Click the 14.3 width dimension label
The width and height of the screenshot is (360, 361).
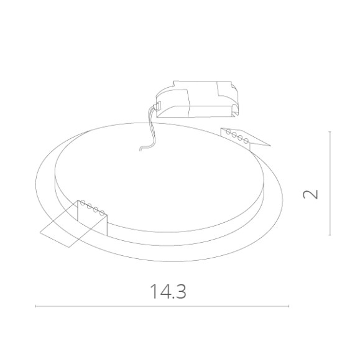(x=168, y=291)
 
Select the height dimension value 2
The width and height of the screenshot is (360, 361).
(x=310, y=194)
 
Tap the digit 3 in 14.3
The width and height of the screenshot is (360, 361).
(x=181, y=291)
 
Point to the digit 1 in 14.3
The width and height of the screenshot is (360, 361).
(x=153, y=291)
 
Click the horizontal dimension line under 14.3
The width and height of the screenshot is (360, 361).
(x=162, y=306)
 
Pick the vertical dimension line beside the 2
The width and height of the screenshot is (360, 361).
(x=330, y=184)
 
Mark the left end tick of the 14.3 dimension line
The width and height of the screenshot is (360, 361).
(x=36, y=306)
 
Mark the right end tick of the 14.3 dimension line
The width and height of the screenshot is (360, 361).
(x=288, y=306)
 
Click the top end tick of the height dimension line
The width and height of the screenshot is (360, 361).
(x=330, y=132)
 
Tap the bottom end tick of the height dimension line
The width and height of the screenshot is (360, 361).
(x=330, y=235)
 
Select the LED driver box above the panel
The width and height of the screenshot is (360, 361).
(x=196, y=100)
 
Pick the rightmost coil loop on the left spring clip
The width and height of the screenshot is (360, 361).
(x=102, y=212)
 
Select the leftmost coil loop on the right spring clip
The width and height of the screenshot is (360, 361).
(x=229, y=131)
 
